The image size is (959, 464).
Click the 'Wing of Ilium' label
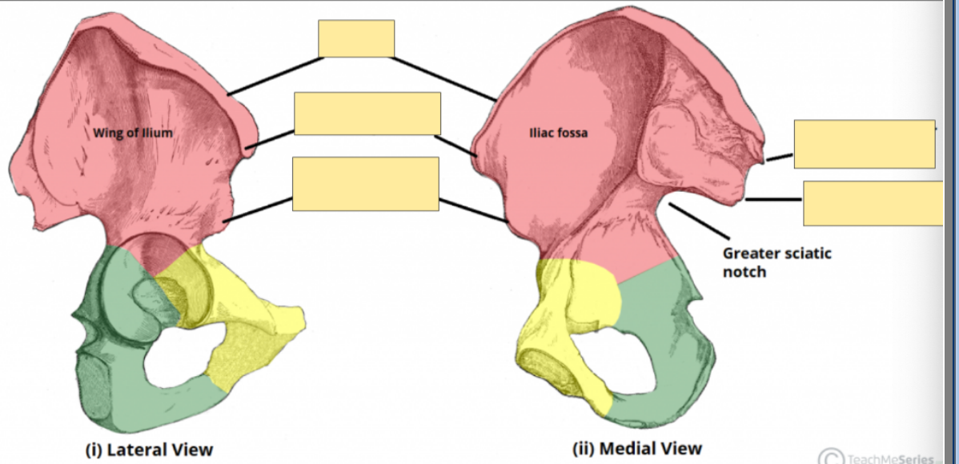(x=132, y=133)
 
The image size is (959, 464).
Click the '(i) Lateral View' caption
(x=149, y=449)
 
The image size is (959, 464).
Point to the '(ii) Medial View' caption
(x=637, y=448)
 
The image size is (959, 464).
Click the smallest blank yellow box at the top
(x=356, y=38)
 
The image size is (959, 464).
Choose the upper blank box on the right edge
(x=864, y=144)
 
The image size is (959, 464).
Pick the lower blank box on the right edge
(x=873, y=203)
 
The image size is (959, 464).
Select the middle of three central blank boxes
(x=367, y=114)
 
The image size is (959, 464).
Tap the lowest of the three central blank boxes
(x=365, y=184)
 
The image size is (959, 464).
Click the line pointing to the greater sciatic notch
(x=698, y=221)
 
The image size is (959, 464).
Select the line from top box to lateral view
(x=275, y=76)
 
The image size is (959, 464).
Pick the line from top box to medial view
(x=444, y=78)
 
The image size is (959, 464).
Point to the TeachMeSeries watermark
(x=881, y=457)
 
